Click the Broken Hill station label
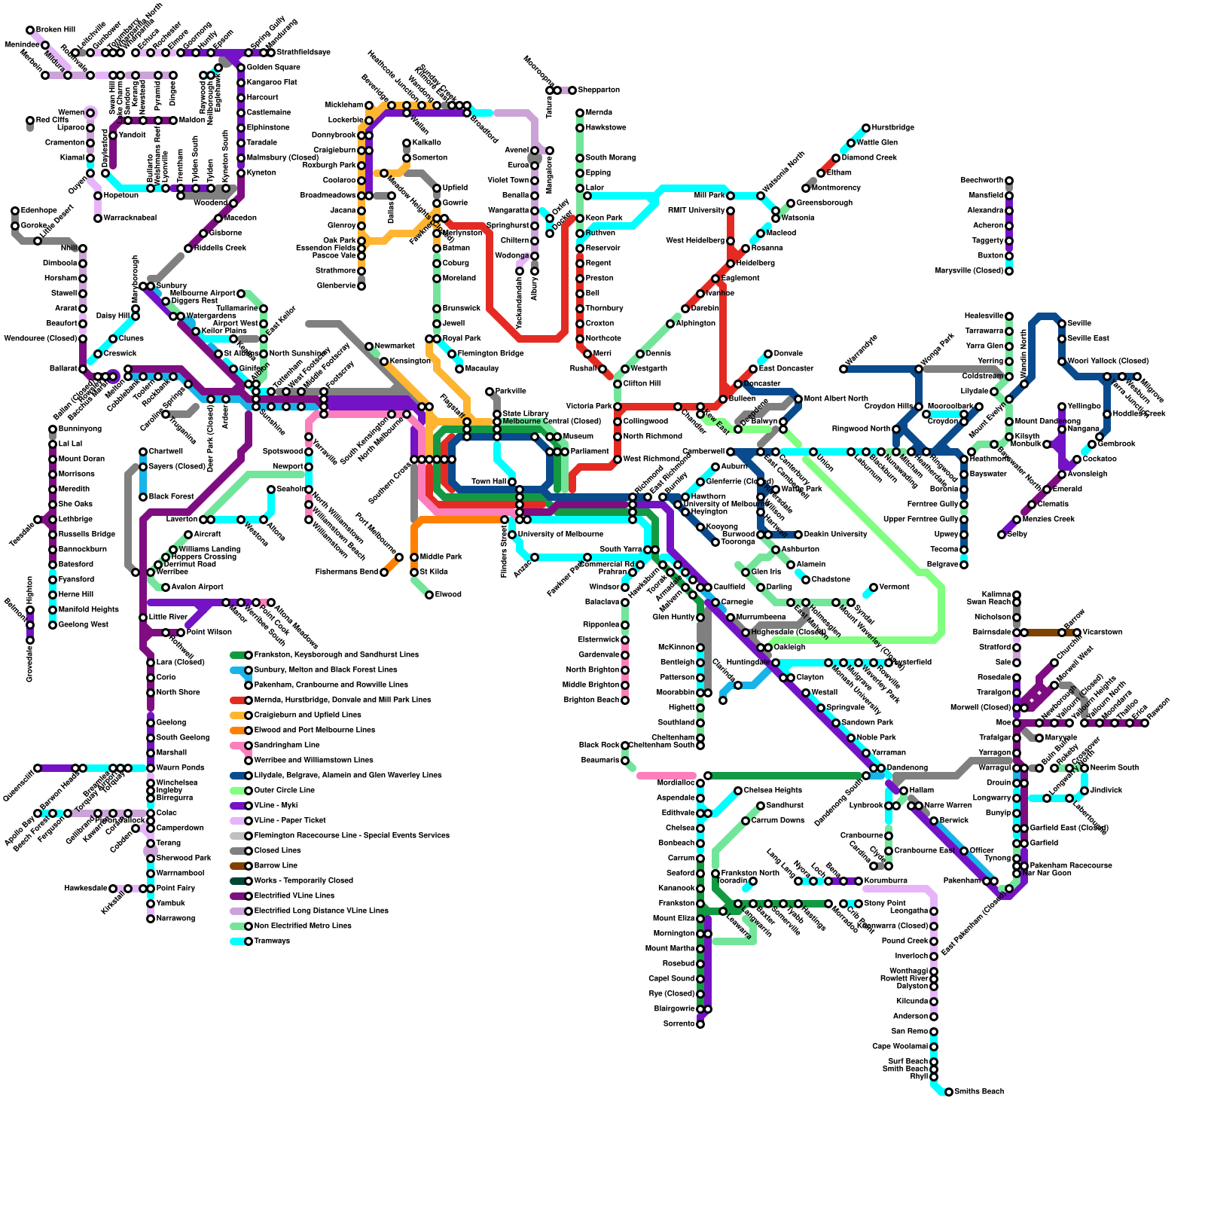pyautogui.click(x=55, y=30)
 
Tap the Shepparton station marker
pyautogui.click(x=572, y=90)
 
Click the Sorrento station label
pyautogui.click(x=679, y=1024)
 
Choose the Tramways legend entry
pyautogui.click(x=272, y=941)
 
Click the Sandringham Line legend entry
pyautogui.click(x=287, y=746)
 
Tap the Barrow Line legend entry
pyautogui.click(x=276, y=866)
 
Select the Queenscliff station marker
pyautogui.click(x=38, y=768)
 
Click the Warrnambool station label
pyautogui.click(x=180, y=874)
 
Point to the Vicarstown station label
pyautogui.click(x=1103, y=633)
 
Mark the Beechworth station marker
pyautogui.click(x=1009, y=181)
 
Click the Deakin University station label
pyautogui.click(x=835, y=535)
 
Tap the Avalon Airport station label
pyautogui.click(x=197, y=587)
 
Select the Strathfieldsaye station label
pyautogui.click(x=304, y=53)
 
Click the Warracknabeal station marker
pyautogui.click(x=98, y=218)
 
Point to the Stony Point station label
pyautogui.click(x=885, y=904)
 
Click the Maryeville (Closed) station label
pyautogui.click(x=969, y=271)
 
